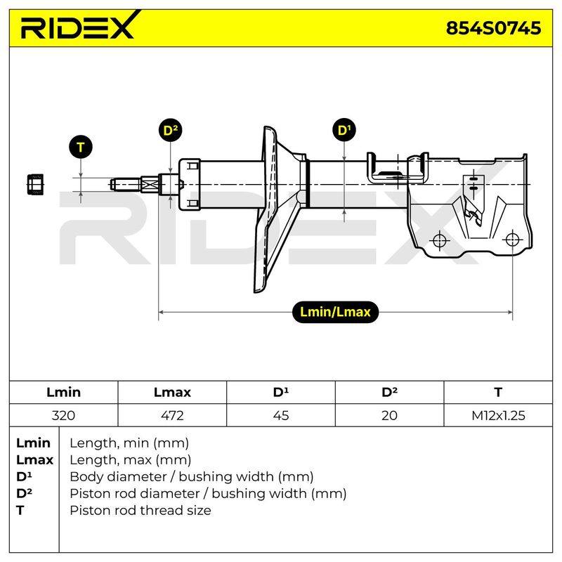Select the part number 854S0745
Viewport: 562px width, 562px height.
click(x=493, y=28)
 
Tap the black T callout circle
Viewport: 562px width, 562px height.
click(x=81, y=147)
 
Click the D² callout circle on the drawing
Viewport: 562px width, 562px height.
click(x=170, y=130)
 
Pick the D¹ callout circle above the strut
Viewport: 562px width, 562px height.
click(x=344, y=129)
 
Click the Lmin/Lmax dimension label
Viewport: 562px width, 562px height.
click(x=335, y=312)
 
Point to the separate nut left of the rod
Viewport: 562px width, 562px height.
click(x=36, y=184)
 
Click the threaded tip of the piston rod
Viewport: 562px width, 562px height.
click(x=125, y=185)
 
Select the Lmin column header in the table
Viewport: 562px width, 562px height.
click(x=63, y=392)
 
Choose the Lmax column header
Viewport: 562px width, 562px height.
click(x=172, y=392)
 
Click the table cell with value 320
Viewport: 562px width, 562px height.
click(x=63, y=415)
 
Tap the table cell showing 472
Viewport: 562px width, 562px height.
click(x=172, y=415)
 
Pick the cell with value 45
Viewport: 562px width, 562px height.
click(x=280, y=415)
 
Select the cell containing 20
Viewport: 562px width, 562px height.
click(x=389, y=415)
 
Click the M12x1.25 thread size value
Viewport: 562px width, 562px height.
click(x=498, y=415)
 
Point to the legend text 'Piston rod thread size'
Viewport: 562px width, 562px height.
click(x=140, y=510)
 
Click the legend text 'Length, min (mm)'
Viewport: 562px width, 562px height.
click(x=129, y=443)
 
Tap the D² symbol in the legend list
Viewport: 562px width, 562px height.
click(x=24, y=493)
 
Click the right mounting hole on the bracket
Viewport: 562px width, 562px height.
click(x=512, y=239)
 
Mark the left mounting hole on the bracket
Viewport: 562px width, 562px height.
click(x=440, y=240)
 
